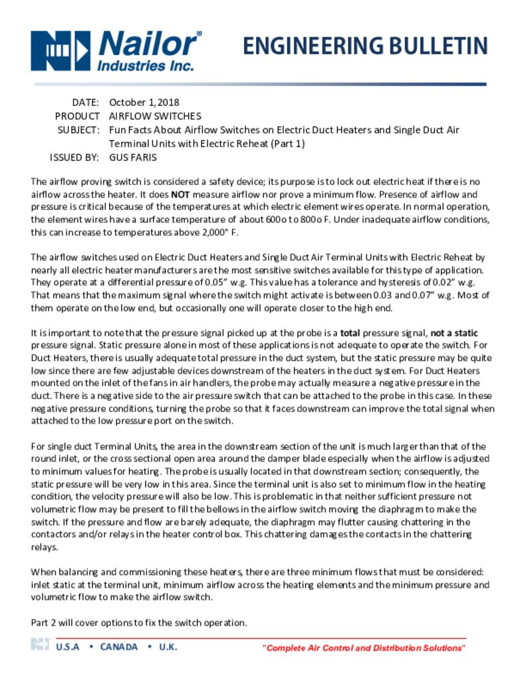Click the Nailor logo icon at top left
click(60, 51)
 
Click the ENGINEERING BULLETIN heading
click(364, 46)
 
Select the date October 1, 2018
click(144, 102)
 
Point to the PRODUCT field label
click(77, 116)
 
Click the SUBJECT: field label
click(79, 130)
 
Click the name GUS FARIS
click(132, 158)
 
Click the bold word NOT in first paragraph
click(181, 195)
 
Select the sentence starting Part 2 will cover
click(139, 622)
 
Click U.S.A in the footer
click(68, 646)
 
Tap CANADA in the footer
click(119, 646)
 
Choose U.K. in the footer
click(168, 646)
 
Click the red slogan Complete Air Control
click(364, 648)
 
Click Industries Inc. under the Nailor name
click(146, 66)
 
